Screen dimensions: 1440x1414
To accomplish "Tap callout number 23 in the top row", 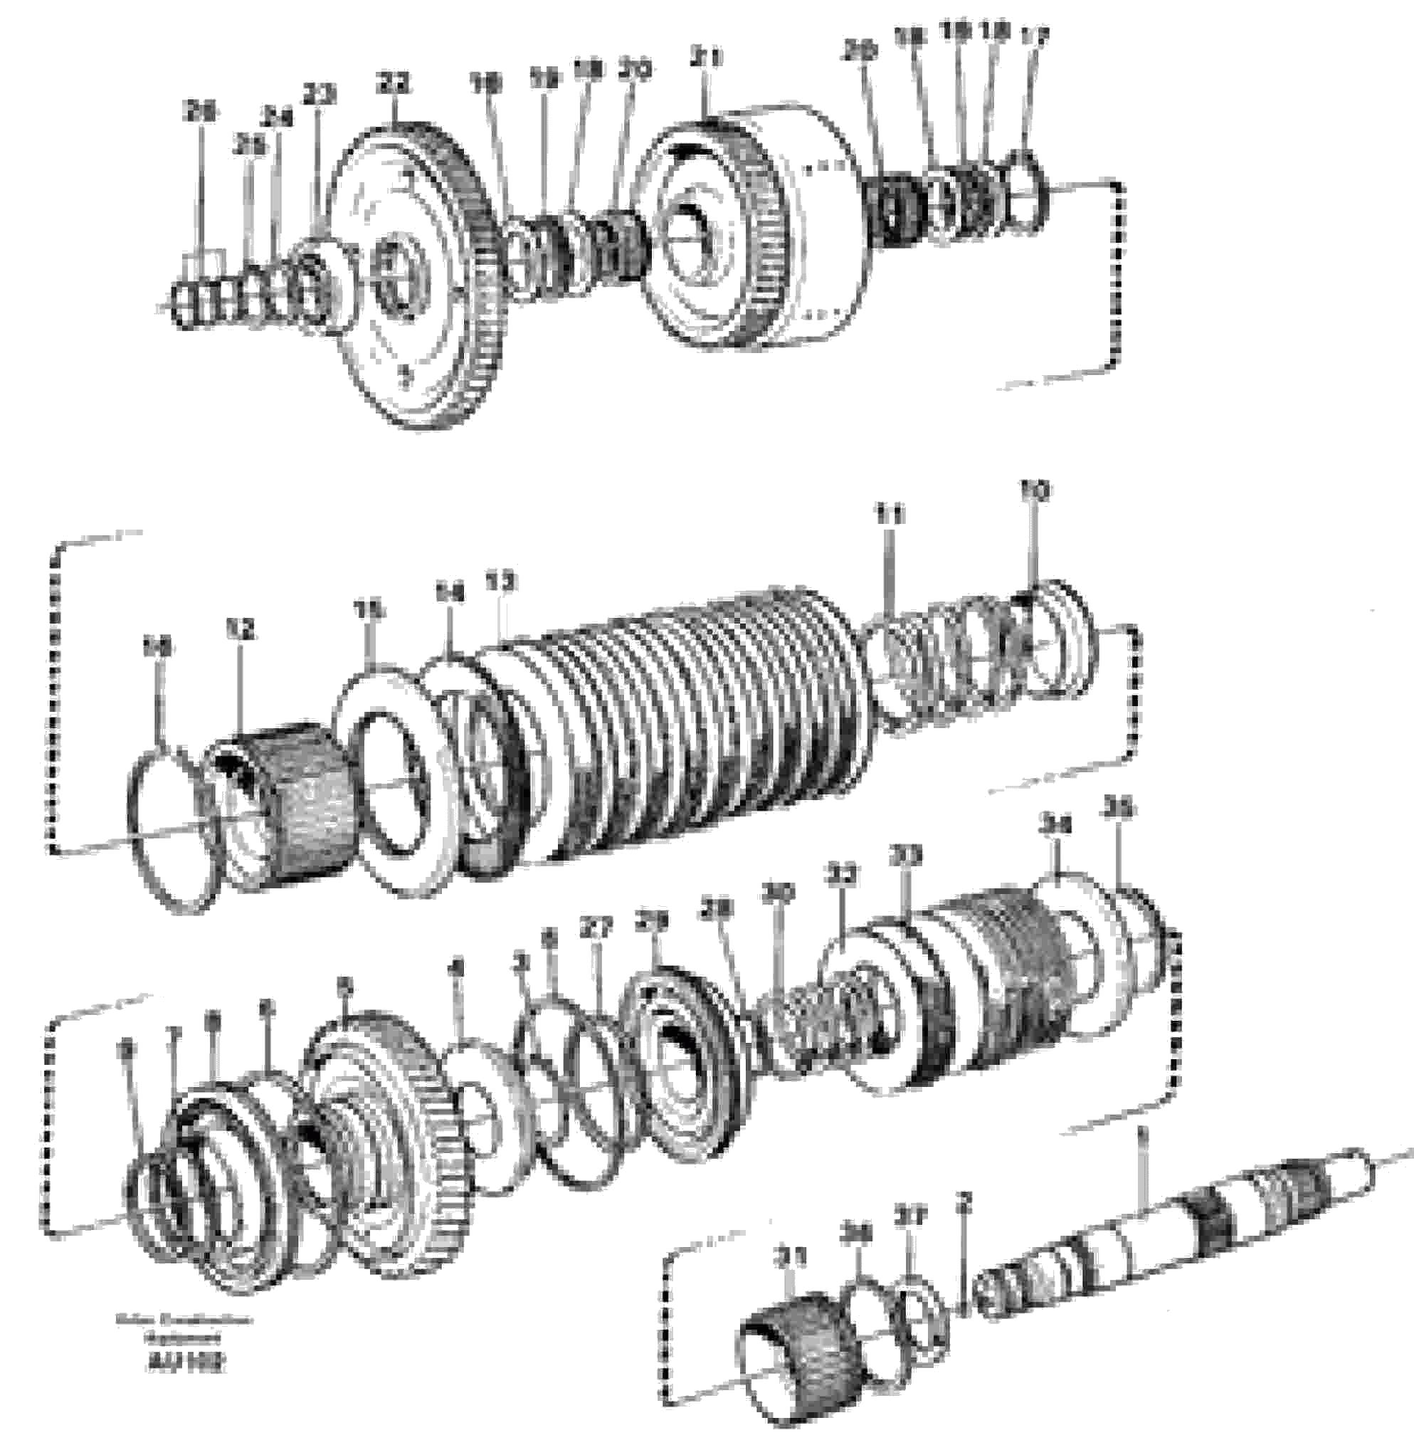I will [x=320, y=95].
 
